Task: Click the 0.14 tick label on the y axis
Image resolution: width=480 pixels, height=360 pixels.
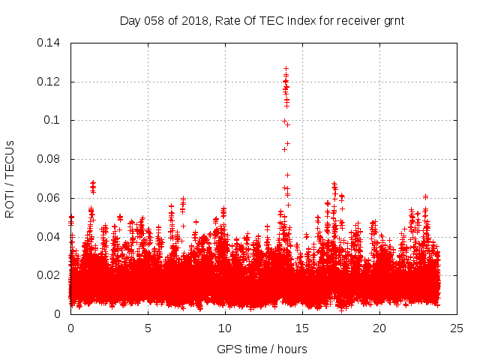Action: click(49, 43)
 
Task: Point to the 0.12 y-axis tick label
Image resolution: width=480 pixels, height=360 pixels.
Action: click(49, 82)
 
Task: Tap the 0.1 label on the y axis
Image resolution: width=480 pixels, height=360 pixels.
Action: click(52, 121)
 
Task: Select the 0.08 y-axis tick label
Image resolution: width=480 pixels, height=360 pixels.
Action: click(49, 160)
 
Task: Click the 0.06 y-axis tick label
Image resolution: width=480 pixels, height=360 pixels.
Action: click(49, 199)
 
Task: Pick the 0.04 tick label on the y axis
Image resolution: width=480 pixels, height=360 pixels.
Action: click(49, 237)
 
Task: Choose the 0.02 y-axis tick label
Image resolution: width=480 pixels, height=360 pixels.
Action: click(49, 276)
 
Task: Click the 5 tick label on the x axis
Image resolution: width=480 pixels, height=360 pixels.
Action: click(148, 328)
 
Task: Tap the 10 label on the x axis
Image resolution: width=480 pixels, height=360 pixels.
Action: click(225, 328)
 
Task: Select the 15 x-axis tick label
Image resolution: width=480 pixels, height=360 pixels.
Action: click(302, 328)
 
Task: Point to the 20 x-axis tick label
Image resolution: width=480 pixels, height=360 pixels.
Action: click(379, 328)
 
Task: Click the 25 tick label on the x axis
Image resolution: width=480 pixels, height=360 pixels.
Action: click(457, 328)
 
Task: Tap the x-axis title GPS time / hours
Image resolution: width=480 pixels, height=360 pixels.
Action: click(262, 349)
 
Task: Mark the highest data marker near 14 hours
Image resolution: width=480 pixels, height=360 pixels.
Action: click(286, 69)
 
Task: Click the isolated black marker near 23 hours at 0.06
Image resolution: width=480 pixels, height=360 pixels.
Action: click(425, 196)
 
